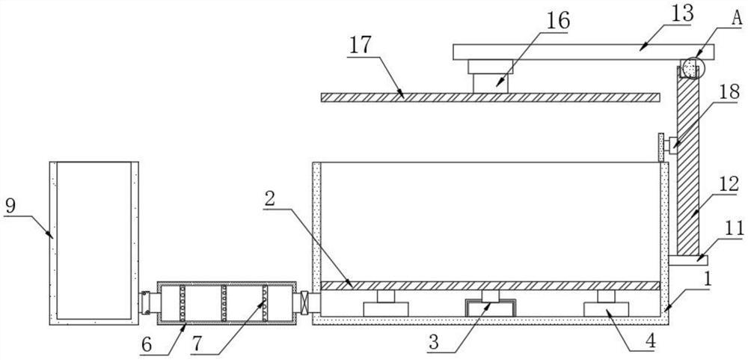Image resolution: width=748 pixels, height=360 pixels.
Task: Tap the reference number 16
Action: pyautogui.click(x=557, y=20)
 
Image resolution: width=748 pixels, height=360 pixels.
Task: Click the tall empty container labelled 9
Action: pyautogui.click(x=93, y=240)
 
